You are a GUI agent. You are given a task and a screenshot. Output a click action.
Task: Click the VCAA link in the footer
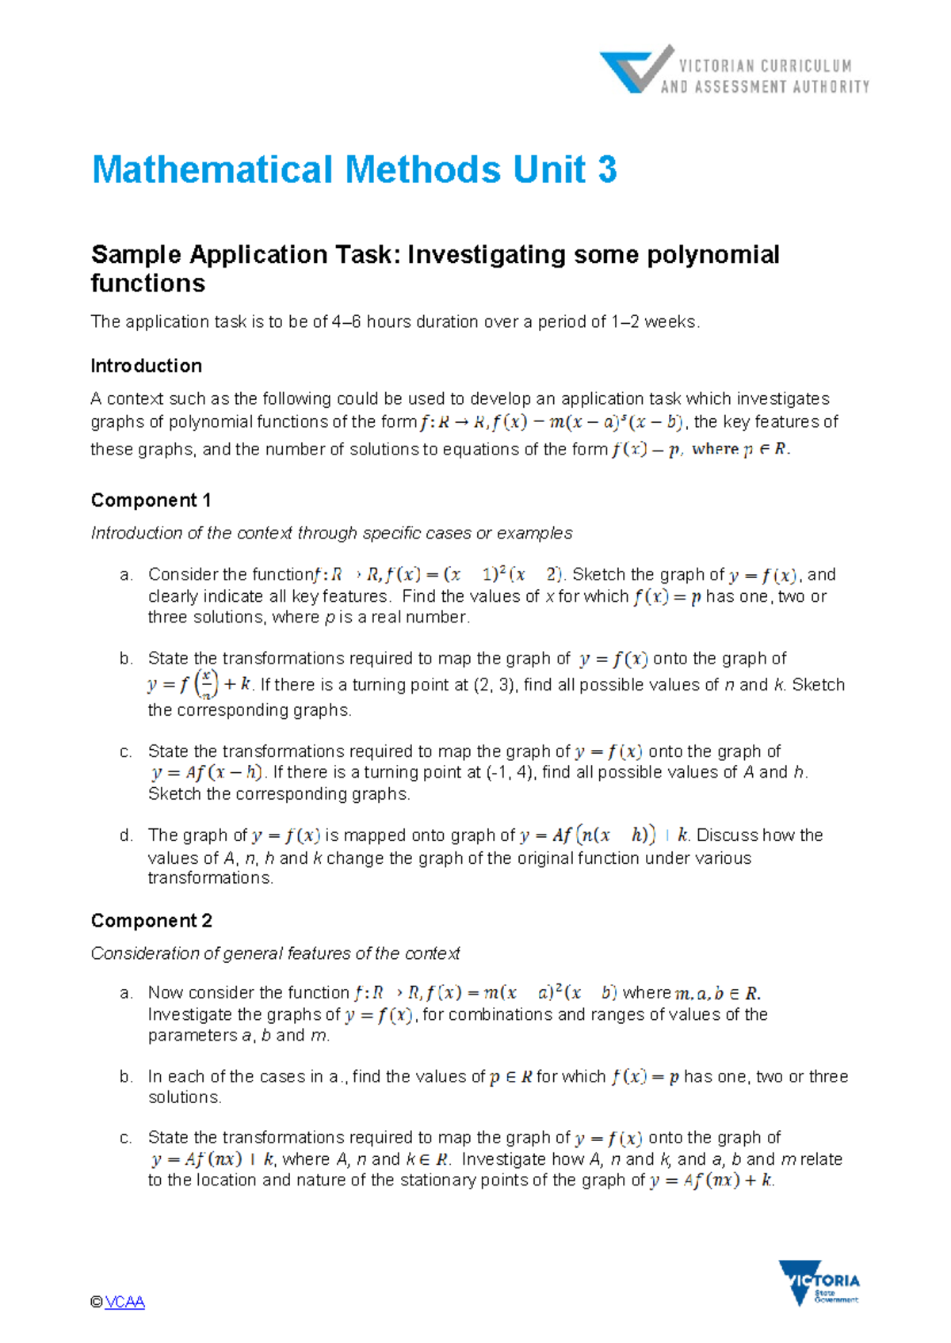point(124,1302)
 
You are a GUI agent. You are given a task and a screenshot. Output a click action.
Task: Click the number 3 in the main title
point(607,169)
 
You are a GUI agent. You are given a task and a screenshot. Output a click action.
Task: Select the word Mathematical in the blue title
point(212,169)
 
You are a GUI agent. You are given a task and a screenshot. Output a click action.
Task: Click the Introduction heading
point(147,366)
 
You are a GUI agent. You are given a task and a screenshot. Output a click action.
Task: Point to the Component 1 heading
point(151,500)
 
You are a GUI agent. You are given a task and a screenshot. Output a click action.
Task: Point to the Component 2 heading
point(151,921)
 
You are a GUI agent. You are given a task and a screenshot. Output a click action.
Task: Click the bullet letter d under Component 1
point(126,835)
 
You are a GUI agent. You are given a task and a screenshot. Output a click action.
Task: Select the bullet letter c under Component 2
point(126,1138)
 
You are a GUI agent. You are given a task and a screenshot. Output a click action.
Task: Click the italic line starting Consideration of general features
point(275,953)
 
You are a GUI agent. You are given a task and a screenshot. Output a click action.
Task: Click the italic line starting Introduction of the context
point(331,533)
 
